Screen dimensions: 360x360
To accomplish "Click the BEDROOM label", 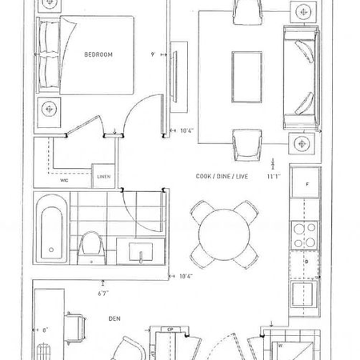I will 98,54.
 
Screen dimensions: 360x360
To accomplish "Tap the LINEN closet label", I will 104,177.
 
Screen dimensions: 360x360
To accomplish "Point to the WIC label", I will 65,180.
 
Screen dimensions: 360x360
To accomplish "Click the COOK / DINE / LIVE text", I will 222,175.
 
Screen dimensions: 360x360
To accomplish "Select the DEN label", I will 114,318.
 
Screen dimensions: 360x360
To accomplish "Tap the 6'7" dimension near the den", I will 102,293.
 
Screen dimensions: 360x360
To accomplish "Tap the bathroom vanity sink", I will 140,254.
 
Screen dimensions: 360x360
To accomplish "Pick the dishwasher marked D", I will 306,261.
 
